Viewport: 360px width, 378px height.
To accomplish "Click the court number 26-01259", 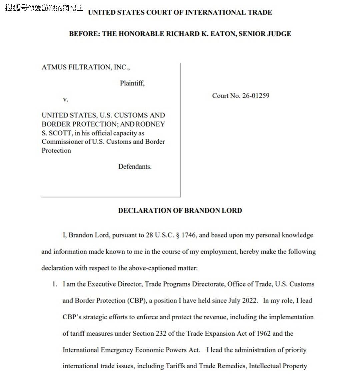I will [256, 96].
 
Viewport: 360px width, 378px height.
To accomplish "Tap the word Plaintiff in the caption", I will [132, 83].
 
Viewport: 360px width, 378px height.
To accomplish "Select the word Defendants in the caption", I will [135, 166].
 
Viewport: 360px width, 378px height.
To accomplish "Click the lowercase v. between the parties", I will [65, 99].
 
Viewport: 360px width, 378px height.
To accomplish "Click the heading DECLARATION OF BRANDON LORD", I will [180, 211].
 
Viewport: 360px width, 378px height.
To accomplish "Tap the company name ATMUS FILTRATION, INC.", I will [86, 67].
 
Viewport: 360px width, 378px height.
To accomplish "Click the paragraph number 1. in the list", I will [54, 284].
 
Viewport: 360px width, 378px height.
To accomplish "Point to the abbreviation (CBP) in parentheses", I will [136, 301].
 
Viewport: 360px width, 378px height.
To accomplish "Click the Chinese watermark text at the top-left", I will [44, 8].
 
